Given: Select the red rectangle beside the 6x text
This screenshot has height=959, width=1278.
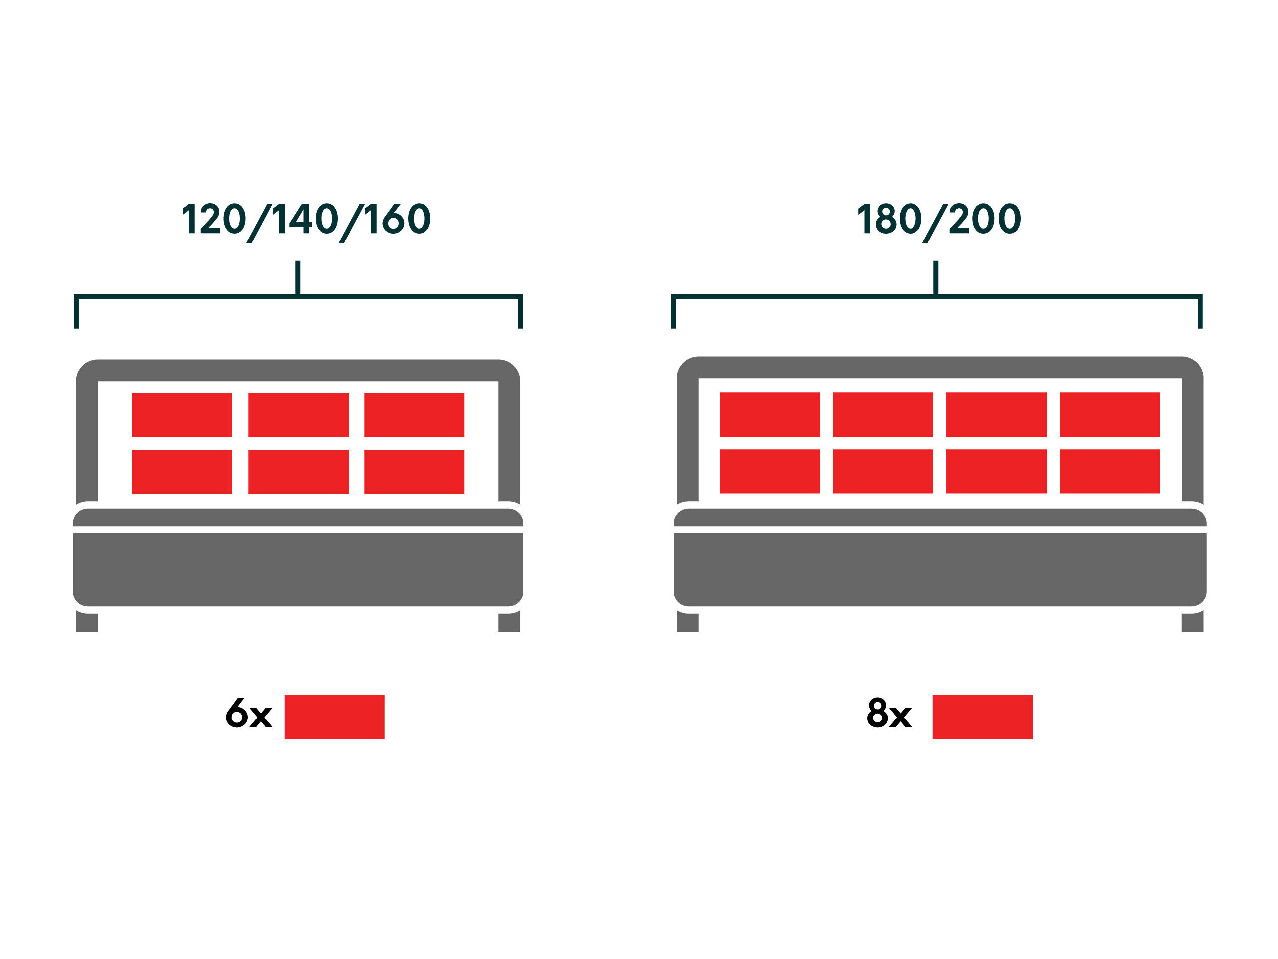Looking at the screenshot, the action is click(x=335, y=717).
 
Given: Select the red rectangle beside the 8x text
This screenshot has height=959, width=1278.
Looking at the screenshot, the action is click(x=983, y=717).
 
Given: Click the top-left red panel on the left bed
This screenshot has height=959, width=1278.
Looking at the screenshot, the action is click(x=182, y=415).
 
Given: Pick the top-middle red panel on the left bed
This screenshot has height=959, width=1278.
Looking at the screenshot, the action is click(x=299, y=415).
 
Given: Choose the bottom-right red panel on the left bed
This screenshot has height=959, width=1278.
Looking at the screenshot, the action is click(x=414, y=472).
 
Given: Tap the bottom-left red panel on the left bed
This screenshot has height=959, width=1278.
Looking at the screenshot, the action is click(x=182, y=472).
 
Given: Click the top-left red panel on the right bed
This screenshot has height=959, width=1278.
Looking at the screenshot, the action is click(x=770, y=415).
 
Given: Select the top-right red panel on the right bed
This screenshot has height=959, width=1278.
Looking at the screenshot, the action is click(x=1110, y=415).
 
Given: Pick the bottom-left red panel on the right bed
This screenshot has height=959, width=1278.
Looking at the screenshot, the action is click(x=770, y=471).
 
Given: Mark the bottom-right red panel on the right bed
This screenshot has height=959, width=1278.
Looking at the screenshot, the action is click(x=1110, y=471).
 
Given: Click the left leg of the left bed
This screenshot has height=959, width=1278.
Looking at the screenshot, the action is click(x=87, y=622).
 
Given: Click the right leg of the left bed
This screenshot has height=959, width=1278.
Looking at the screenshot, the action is click(x=509, y=622).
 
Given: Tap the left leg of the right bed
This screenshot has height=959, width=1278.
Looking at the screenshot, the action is click(x=688, y=622).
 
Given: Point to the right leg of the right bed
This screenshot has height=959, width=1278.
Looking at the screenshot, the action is click(x=1193, y=622).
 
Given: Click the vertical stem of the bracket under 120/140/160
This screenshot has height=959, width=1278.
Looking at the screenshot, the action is click(x=298, y=278).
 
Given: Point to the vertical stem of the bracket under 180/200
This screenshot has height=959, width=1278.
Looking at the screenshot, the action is click(x=936, y=278).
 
